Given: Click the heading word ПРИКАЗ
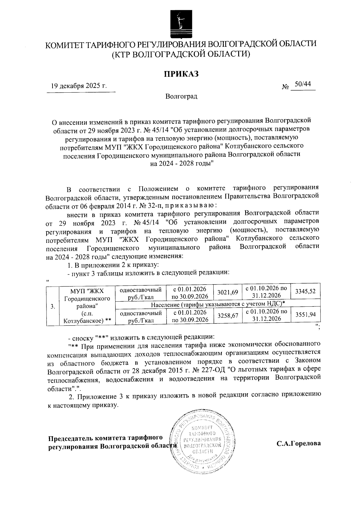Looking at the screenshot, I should coord(181,74).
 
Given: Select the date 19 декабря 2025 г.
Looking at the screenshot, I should coord(79,86).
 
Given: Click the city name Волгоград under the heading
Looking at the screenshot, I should coord(181,97).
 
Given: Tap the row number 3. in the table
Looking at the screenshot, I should coord(52,306).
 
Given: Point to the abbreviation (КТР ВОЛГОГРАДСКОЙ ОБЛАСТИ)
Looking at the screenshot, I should coord(181,55).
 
